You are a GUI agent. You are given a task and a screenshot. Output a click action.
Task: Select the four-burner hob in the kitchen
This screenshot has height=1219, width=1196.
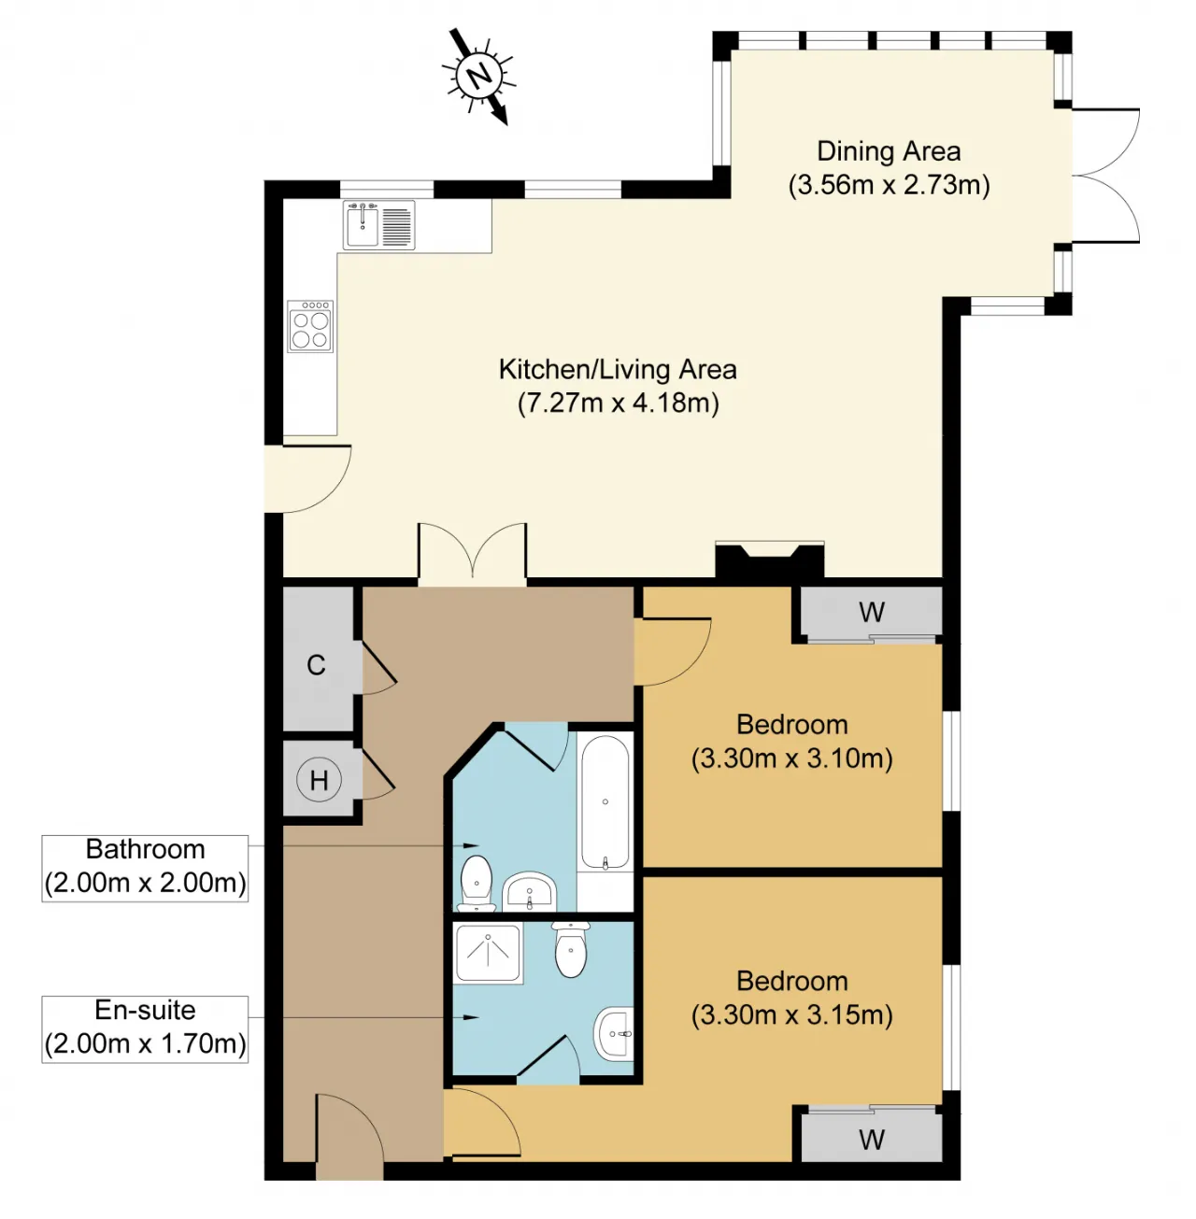coord(310,326)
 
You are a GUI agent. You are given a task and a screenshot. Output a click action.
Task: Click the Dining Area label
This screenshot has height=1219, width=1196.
coord(888,151)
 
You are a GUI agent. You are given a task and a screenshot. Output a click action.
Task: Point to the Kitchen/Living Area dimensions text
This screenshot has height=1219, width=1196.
coord(618,403)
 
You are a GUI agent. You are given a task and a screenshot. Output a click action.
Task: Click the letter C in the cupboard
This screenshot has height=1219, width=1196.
coord(316,665)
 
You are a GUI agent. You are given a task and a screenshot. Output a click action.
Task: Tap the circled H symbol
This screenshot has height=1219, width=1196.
coord(319,781)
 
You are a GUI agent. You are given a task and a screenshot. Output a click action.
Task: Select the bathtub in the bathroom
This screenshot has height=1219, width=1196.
coord(605,801)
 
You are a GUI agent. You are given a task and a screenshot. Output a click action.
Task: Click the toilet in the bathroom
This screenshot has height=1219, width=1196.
coord(476,883)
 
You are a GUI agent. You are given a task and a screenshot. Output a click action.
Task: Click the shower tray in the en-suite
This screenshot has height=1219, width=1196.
coord(488,953)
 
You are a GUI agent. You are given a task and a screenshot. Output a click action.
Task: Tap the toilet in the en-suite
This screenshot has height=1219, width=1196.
coord(570,948)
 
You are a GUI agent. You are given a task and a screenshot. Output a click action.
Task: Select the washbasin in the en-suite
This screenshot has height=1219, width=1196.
coord(613,1034)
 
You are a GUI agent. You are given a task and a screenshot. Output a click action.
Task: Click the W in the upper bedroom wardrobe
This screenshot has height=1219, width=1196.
coord(871,612)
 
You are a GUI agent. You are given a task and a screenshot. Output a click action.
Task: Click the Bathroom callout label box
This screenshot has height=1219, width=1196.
coord(145,868)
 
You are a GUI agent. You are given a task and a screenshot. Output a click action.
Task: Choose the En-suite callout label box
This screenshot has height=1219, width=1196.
coord(145,1029)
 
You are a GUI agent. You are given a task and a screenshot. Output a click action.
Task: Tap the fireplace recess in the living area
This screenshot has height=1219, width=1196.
coord(769,560)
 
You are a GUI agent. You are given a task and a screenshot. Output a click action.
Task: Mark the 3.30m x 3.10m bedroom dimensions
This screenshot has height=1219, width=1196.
coord(791,758)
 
